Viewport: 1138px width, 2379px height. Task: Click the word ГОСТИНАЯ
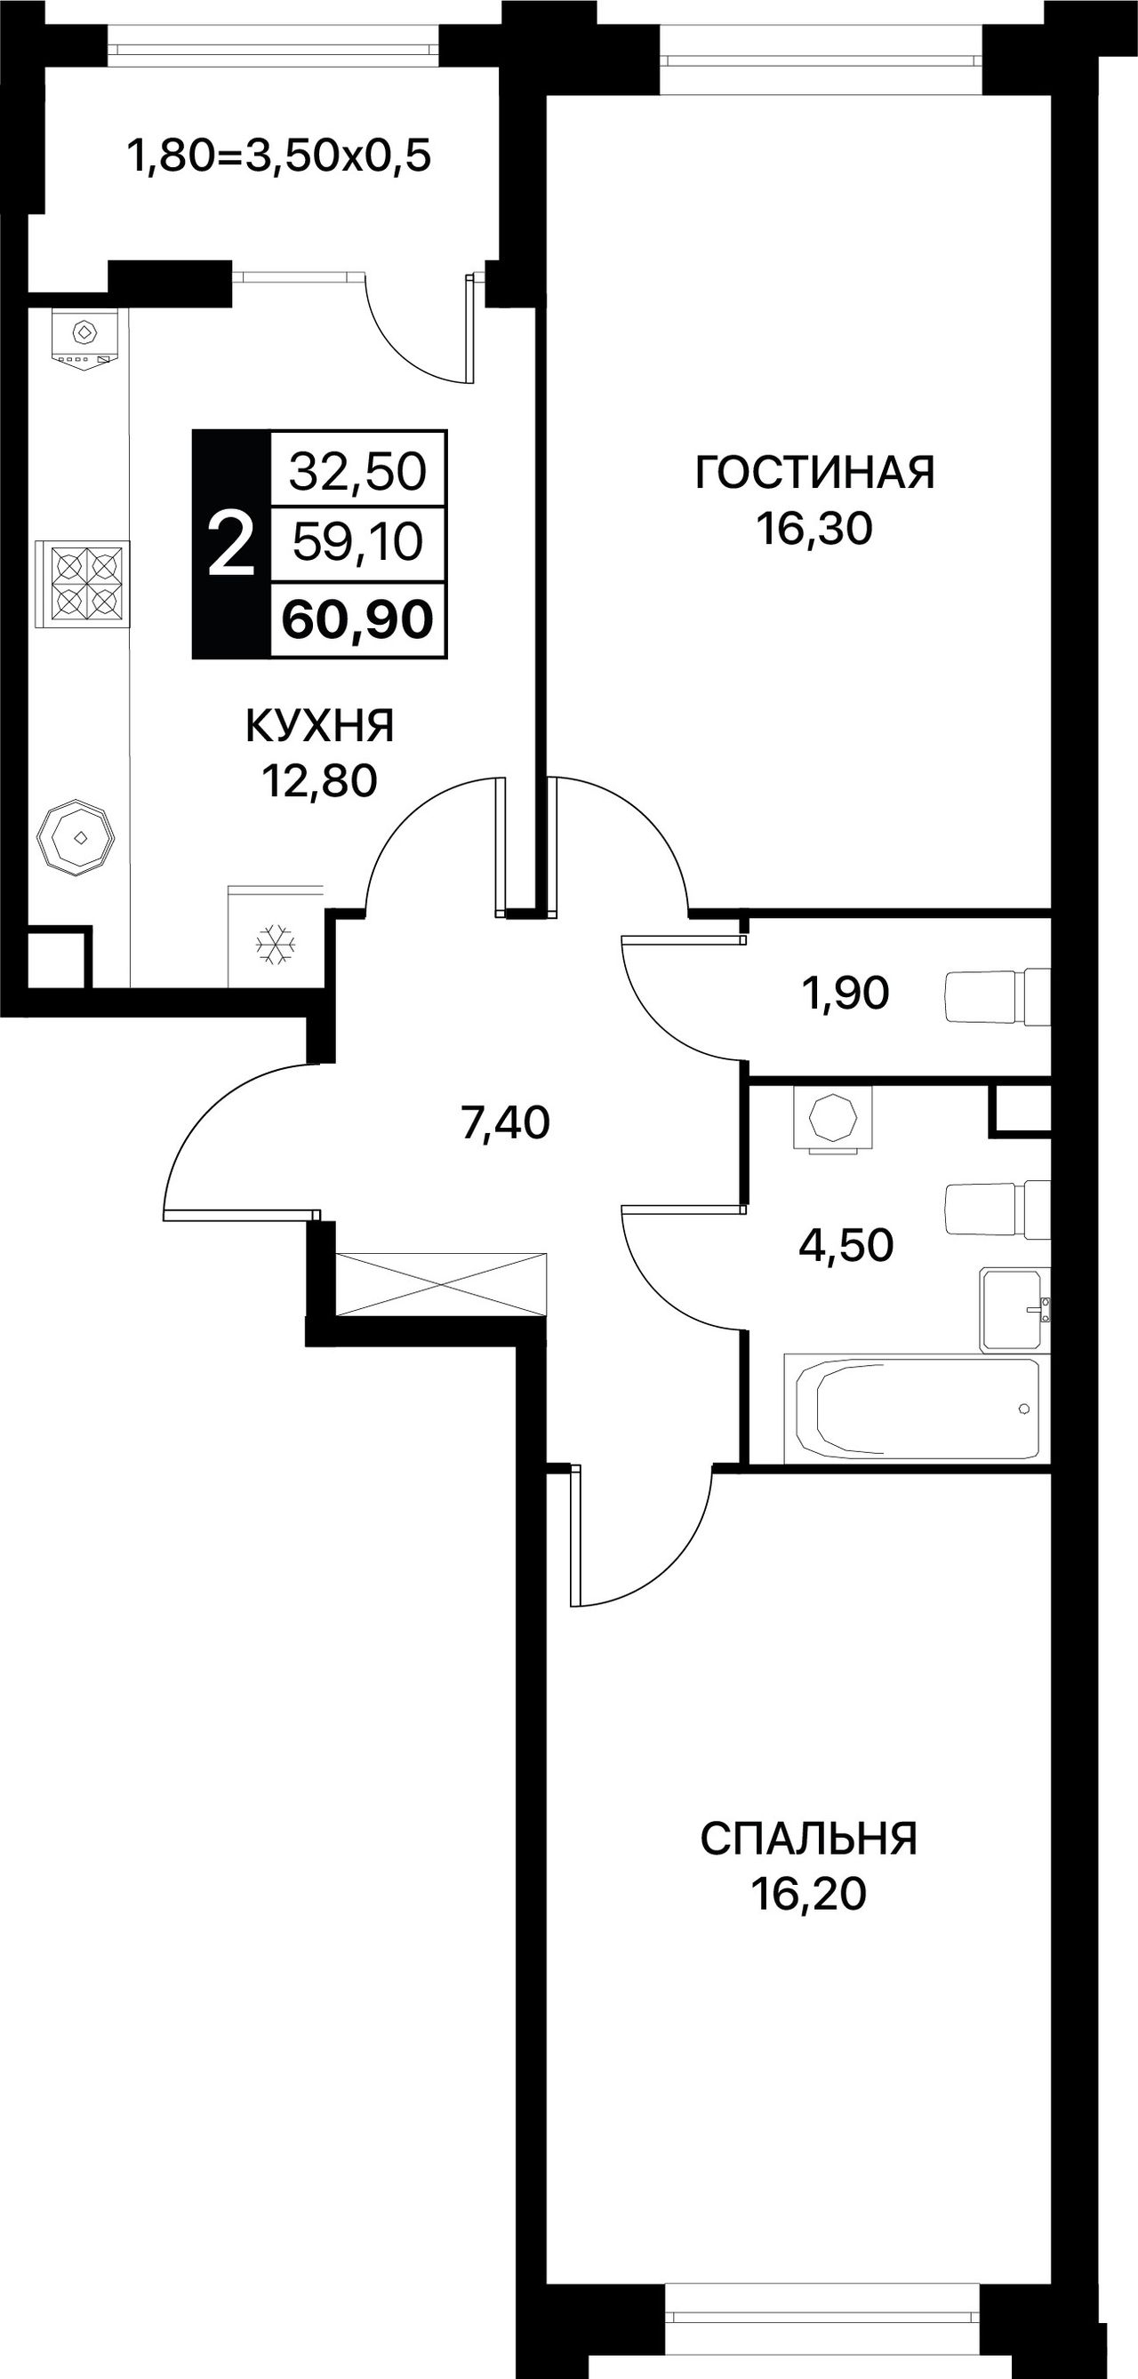(814, 472)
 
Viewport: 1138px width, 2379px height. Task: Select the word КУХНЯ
(319, 726)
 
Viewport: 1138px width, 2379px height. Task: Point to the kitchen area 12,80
(319, 781)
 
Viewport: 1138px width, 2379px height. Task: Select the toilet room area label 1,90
(846, 994)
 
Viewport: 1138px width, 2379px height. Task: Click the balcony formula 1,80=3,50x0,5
(279, 156)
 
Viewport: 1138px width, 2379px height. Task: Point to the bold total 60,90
(357, 619)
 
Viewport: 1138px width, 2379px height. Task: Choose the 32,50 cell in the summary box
(357, 470)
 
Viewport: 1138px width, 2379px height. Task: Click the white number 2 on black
(231, 545)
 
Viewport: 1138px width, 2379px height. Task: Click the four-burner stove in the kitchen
(82, 584)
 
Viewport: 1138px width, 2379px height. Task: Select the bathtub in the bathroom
(917, 1409)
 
